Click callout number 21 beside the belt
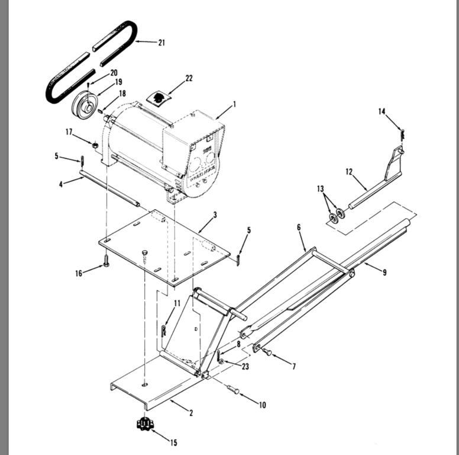(161, 43)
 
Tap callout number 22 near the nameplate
(189, 78)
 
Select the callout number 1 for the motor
(234, 104)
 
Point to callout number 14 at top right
(382, 111)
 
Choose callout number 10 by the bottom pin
(262, 405)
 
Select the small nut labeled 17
(94, 144)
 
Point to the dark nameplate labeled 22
(159, 97)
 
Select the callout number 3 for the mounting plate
(215, 214)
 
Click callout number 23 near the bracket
(245, 367)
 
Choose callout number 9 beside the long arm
(384, 273)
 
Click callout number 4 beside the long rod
(60, 184)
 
